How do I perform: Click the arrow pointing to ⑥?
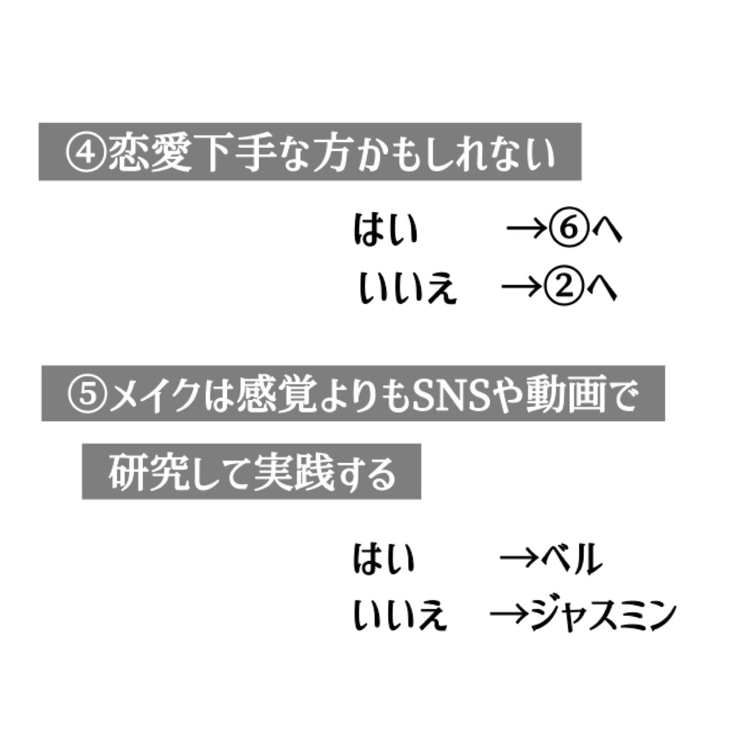525,231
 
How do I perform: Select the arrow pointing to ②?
522,289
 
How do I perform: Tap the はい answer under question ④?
385,230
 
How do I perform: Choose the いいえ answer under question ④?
408,289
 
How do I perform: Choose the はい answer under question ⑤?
384,558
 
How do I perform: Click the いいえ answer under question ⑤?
400,615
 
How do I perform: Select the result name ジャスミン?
603,615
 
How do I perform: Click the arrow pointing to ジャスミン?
511,616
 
